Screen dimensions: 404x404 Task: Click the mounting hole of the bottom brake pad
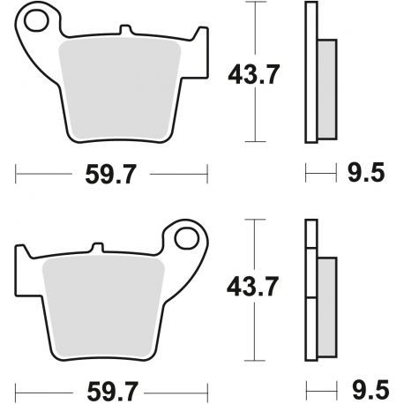pyautogui.click(x=186, y=239)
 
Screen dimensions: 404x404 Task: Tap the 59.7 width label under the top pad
pyautogui.click(x=112, y=174)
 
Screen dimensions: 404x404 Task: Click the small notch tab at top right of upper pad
pyautogui.click(x=191, y=35)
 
